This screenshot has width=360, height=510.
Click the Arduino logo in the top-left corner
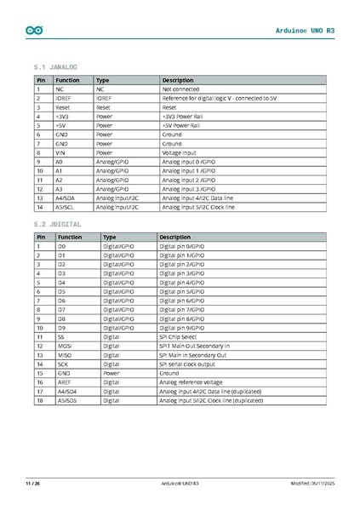coord(35,30)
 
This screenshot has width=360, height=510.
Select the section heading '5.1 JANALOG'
coord(55,66)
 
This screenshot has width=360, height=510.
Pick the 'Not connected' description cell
coord(180,89)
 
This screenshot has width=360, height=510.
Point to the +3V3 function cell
coord(62,116)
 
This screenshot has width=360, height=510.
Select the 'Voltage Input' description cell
coord(180,152)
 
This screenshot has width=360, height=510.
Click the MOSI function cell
coord(66,346)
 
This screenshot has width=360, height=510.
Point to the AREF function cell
coord(65,382)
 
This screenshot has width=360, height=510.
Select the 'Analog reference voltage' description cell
coord(191,382)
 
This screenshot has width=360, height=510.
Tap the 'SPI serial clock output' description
coord(190,364)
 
